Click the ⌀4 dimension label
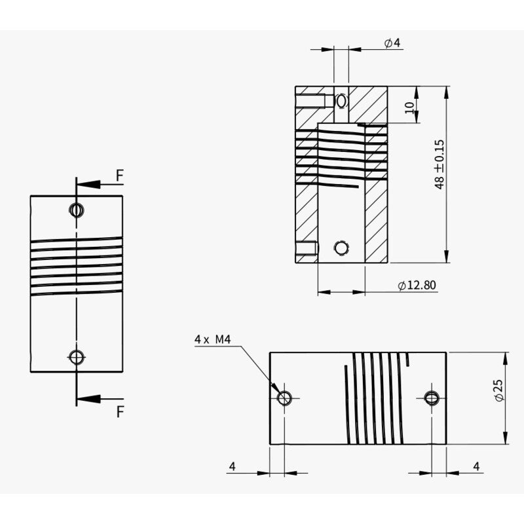click(392, 43)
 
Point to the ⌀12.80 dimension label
click(417, 285)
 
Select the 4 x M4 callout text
click(214, 339)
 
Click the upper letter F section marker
click(119, 175)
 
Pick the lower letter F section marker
click(119, 411)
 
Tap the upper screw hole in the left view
click(77, 210)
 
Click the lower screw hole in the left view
click(77, 357)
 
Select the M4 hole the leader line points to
click(284, 398)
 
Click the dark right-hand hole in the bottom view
click(431, 398)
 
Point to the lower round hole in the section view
click(341, 248)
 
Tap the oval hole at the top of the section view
click(341, 101)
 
